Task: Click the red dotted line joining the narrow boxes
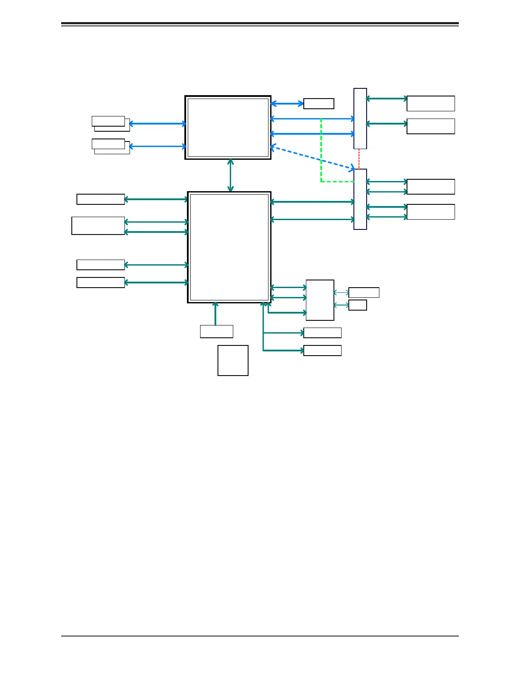tap(359, 159)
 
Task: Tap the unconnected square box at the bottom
tap(233, 360)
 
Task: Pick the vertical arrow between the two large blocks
tap(230, 175)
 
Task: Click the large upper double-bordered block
tap(228, 127)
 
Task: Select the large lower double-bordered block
tap(229, 247)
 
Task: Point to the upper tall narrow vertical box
tap(360, 119)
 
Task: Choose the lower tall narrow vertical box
tap(360, 199)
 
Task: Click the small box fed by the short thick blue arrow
tap(319, 104)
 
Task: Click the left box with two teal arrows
tap(98, 226)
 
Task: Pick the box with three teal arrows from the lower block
tap(320, 300)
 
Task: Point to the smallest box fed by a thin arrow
tap(357, 305)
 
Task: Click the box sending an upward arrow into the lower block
tap(217, 331)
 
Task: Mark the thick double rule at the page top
tap(260, 24)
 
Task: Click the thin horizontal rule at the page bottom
tap(260, 636)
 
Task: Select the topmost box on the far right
tap(431, 104)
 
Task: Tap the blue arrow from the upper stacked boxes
tap(157, 124)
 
